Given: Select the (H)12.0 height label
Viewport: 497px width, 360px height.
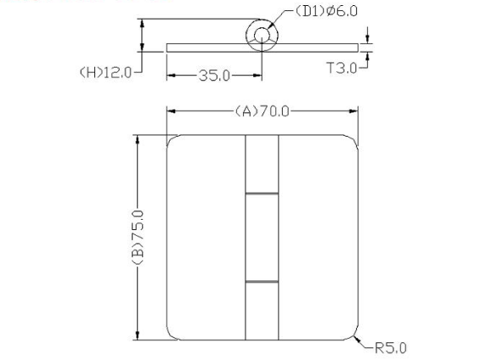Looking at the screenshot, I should (x=105, y=72).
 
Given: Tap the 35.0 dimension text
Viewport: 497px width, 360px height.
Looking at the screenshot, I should (x=214, y=76).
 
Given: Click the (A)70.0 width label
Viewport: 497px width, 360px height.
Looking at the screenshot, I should (x=261, y=110).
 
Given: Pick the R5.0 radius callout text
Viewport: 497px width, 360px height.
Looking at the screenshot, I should (x=391, y=347).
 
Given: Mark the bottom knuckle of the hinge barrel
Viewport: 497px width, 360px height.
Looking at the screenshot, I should (x=261, y=310).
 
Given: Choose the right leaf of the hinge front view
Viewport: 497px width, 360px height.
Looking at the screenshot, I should (x=316, y=238).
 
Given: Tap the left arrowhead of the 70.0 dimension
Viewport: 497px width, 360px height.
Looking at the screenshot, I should (x=171, y=110).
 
